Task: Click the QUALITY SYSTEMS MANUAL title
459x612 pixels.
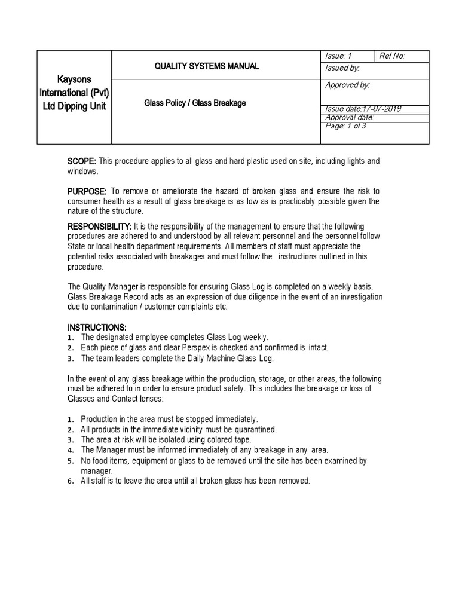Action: coord(207,66)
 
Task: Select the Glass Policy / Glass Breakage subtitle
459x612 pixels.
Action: coord(195,103)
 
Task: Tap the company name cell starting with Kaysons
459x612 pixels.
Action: coord(74,93)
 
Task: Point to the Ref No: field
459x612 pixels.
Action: coord(392,56)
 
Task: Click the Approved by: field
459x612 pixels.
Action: coord(347,85)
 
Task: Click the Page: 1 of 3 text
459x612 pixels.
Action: coord(346,126)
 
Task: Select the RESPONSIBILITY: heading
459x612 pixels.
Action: coord(99,227)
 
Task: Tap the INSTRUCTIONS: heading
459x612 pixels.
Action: coord(97,328)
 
